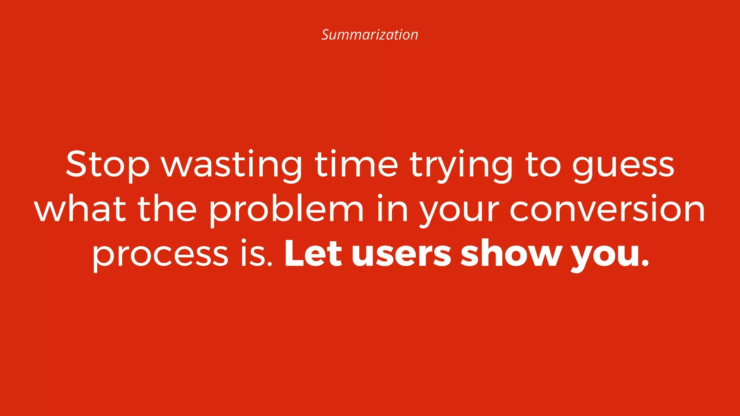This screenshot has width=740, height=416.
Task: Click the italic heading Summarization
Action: click(370, 35)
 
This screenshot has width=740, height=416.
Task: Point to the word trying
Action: click(461, 165)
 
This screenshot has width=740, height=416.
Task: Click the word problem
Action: click(286, 210)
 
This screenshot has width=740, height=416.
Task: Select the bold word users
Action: click(401, 255)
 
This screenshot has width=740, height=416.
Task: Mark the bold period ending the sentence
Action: click(645, 264)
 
